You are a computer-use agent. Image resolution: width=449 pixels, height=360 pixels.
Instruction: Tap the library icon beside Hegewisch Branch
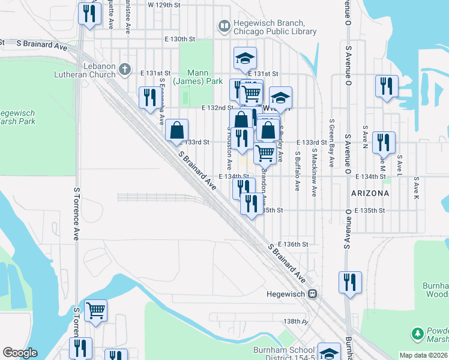click(224, 26)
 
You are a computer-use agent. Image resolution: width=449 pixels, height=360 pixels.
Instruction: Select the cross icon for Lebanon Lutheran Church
click(125, 69)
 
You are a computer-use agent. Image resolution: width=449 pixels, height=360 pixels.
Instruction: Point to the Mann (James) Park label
click(193, 76)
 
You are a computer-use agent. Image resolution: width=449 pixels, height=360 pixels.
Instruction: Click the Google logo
click(20, 353)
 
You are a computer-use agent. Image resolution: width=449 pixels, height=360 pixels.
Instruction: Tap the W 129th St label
click(164, 5)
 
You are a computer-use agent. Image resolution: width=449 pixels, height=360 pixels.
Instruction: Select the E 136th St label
click(294, 244)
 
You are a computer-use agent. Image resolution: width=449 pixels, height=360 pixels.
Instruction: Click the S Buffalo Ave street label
click(297, 171)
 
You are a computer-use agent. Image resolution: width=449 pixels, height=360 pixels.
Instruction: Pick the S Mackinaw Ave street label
click(314, 174)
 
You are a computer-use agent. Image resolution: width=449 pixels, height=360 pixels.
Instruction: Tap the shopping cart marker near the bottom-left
click(95, 311)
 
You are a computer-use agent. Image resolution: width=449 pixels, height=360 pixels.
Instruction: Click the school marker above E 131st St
click(245, 58)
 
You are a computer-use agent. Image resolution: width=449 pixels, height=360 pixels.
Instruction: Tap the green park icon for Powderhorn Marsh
click(417, 333)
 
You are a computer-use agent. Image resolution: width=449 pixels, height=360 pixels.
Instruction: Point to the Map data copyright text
click(423, 355)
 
